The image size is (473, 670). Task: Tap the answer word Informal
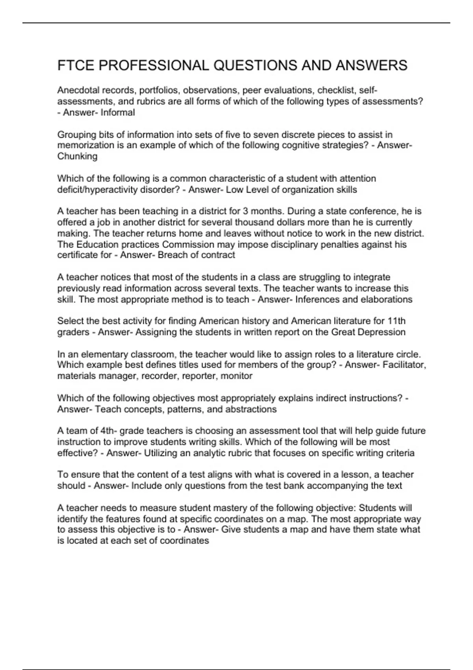tap(118, 113)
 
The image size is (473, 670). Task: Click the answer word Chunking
tap(77, 156)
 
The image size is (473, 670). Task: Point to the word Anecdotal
tap(77, 91)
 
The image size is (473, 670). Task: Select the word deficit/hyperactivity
tap(95, 190)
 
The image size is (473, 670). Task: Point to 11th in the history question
tap(396, 321)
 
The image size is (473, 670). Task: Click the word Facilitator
tap(404, 365)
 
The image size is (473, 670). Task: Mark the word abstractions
tap(251, 409)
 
